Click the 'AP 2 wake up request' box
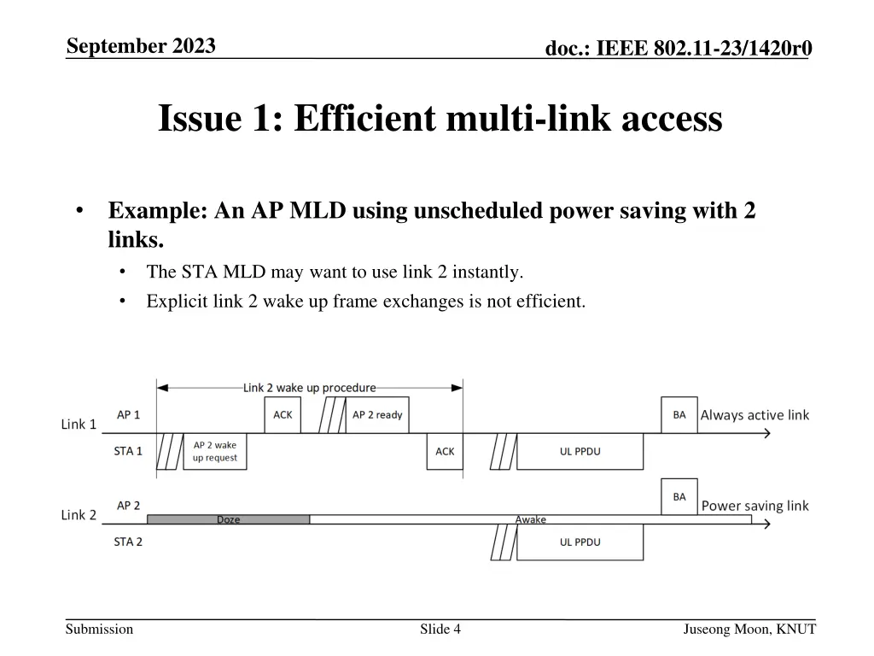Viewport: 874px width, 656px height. tap(214, 451)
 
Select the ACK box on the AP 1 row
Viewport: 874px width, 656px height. tap(283, 415)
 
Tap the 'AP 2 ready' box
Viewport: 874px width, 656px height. tap(377, 415)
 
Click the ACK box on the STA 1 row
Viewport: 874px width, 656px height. tap(445, 451)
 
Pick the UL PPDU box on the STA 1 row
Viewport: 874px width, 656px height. tap(580, 451)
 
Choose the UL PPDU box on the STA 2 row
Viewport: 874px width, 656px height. tap(580, 542)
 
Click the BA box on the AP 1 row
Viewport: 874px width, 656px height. tap(679, 415)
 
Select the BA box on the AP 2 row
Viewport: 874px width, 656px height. tap(679, 496)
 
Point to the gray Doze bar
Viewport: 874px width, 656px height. tap(228, 519)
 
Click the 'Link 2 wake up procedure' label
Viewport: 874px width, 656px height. tap(309, 388)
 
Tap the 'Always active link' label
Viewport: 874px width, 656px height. tap(755, 415)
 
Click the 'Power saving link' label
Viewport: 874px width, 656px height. tap(755, 506)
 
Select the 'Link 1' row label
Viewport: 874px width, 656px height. tap(79, 424)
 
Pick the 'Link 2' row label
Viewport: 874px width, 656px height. tap(79, 514)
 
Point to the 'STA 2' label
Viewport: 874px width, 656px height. tap(128, 541)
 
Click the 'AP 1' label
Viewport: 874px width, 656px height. tap(128, 415)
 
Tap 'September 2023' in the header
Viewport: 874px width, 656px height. tap(141, 46)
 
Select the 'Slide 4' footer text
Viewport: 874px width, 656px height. tap(440, 630)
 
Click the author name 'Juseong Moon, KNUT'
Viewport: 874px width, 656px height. tap(749, 630)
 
